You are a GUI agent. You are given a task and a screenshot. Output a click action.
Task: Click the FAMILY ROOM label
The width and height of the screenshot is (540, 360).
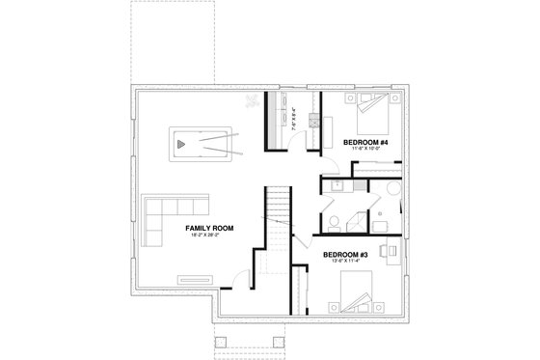pyautogui.click(x=210, y=228)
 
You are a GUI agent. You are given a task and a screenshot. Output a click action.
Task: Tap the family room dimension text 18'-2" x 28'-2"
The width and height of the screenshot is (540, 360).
pyautogui.click(x=210, y=235)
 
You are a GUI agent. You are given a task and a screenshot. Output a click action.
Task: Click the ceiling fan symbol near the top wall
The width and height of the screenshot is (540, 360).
pyautogui.click(x=252, y=99)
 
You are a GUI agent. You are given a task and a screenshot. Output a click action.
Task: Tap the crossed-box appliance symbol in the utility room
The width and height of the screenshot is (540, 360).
pyautogui.click(x=313, y=122)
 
